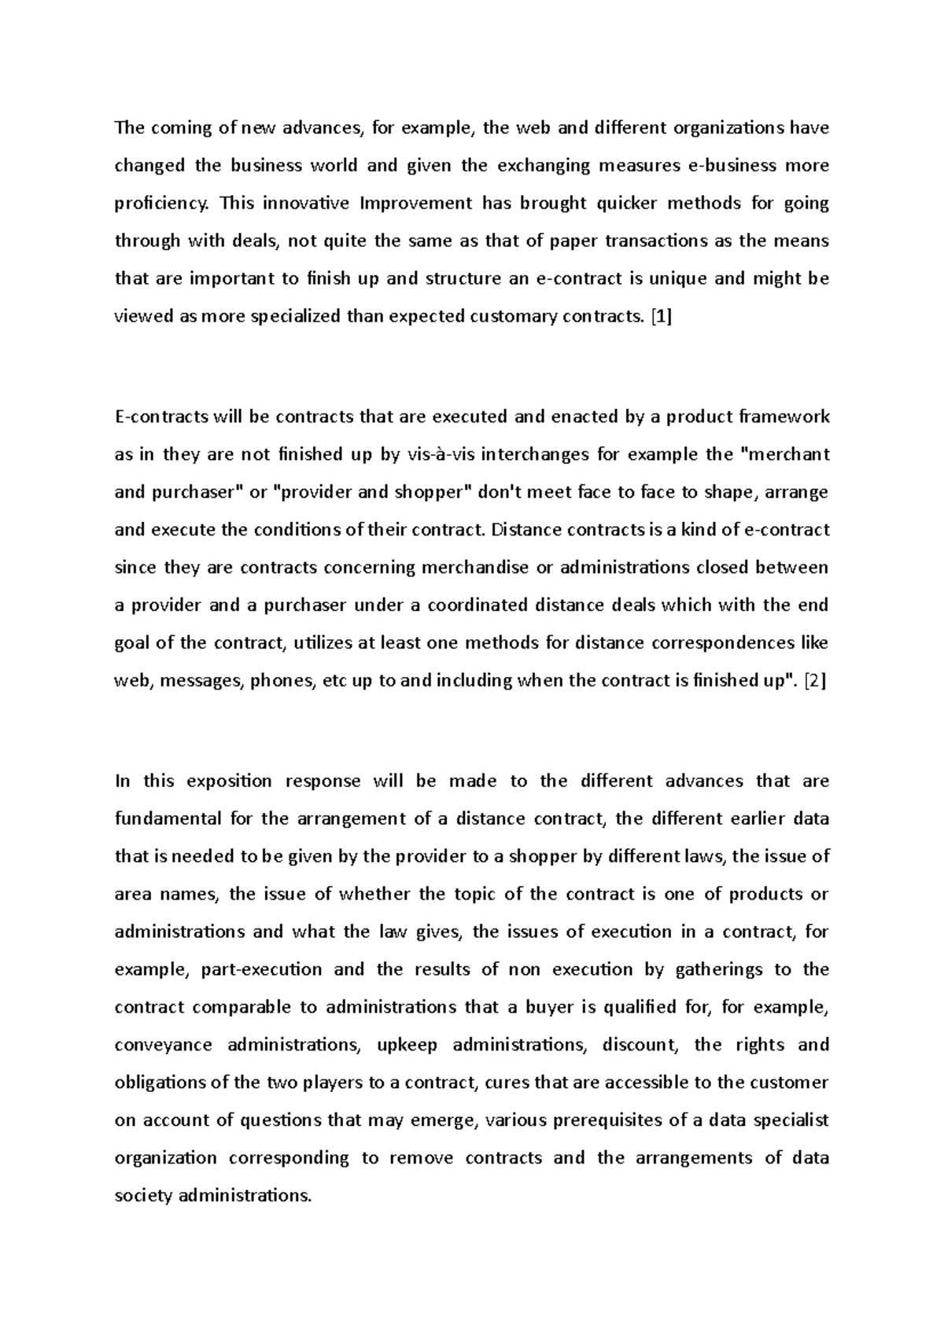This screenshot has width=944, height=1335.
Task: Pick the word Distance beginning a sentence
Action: (522, 530)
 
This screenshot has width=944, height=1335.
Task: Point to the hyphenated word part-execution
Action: (262, 969)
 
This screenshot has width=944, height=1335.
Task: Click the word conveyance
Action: (163, 1045)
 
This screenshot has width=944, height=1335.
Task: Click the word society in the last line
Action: (142, 1196)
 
